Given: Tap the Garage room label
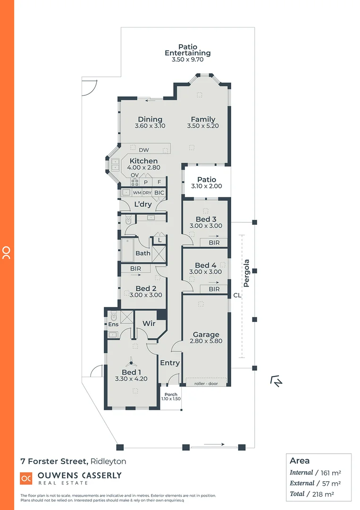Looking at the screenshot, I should [x=206, y=334].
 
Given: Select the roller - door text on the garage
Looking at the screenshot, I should [x=206, y=384].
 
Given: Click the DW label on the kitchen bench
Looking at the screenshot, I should [x=144, y=150].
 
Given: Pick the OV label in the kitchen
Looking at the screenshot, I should [x=134, y=175].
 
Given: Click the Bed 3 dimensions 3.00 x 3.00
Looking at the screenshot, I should [x=206, y=226].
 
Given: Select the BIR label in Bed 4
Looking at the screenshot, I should [x=214, y=289].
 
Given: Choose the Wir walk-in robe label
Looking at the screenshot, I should [x=149, y=324].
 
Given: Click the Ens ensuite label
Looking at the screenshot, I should [x=113, y=325].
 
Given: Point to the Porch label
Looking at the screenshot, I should [x=171, y=395].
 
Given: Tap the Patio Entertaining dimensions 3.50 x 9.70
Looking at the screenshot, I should [x=187, y=61].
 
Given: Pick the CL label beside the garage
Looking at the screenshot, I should [x=237, y=296].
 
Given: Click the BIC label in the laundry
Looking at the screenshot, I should [x=159, y=193].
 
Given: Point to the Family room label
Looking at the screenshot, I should [x=203, y=119].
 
